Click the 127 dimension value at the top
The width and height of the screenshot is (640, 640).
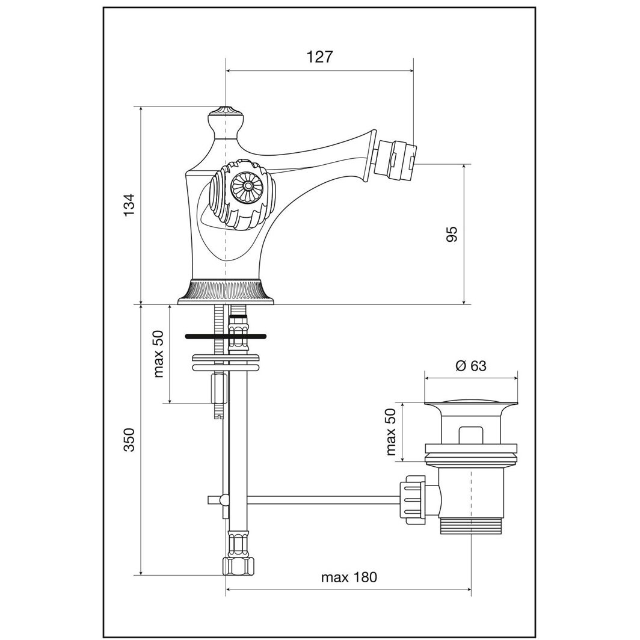(x=319, y=57)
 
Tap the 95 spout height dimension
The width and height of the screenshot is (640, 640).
(x=452, y=233)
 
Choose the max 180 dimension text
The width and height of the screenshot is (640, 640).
(x=349, y=577)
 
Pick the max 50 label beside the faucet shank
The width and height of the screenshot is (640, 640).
(x=159, y=354)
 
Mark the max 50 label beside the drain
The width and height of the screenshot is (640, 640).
(x=392, y=431)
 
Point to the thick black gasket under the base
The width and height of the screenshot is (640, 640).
(x=226, y=336)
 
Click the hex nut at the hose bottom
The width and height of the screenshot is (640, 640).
(x=238, y=566)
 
